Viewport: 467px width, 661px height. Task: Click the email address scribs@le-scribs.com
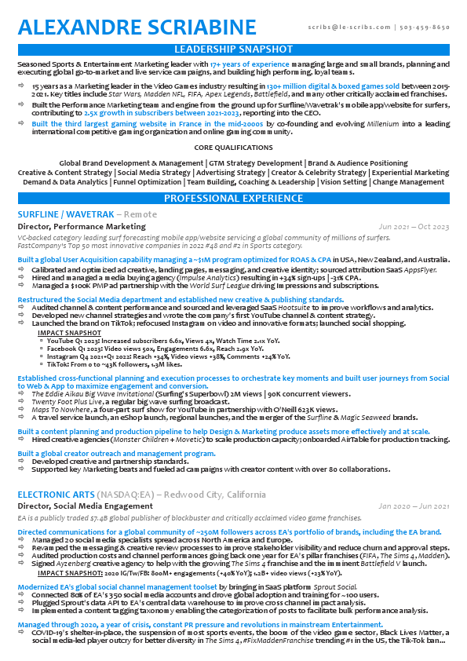coord(344,27)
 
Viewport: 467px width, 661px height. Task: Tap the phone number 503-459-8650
coord(425,27)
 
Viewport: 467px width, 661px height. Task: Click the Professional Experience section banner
coord(233,199)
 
